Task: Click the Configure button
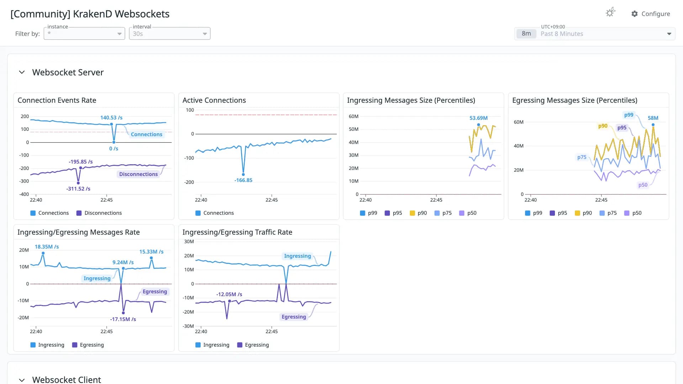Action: click(x=651, y=14)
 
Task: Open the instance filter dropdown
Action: click(x=84, y=34)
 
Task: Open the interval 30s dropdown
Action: click(x=170, y=34)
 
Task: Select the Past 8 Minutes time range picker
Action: click(x=594, y=34)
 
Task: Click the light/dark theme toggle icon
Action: click(x=610, y=13)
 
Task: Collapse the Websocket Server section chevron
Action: click(x=22, y=72)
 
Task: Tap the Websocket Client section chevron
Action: click(x=22, y=380)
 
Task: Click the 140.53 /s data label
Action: click(x=111, y=118)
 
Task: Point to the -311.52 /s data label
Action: click(x=78, y=189)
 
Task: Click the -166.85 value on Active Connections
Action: click(x=243, y=180)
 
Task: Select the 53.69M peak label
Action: click(x=478, y=118)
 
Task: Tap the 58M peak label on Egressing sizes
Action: click(x=653, y=118)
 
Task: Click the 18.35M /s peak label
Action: click(x=47, y=247)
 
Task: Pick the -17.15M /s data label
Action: click(x=123, y=319)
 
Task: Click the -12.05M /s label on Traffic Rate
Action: click(x=229, y=294)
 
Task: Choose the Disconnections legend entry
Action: click(x=99, y=213)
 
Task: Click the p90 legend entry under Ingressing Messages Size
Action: click(x=418, y=213)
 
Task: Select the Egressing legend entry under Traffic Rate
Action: click(x=253, y=345)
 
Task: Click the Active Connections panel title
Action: click(x=214, y=100)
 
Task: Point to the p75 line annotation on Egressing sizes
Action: click(x=582, y=157)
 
